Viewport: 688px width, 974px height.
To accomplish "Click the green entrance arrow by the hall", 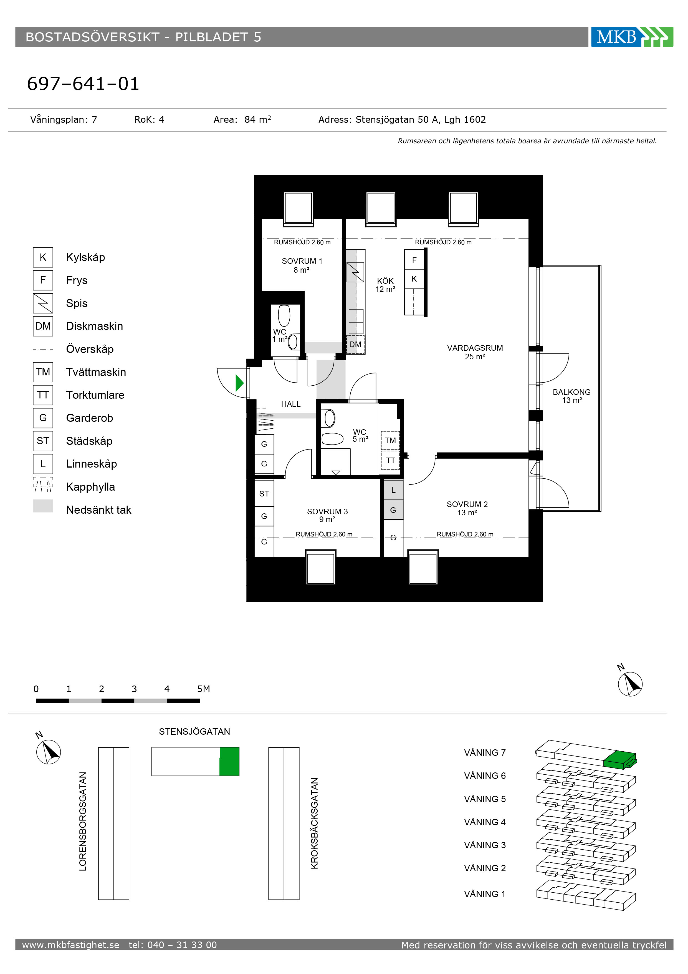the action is coord(239,383).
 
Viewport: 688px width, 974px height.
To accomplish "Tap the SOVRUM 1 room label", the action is coord(302,265).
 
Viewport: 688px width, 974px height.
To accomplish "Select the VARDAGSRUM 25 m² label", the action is coord(475,352).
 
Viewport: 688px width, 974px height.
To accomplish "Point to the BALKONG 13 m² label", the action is coord(571,396).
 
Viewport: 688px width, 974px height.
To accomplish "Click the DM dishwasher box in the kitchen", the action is coord(355,345).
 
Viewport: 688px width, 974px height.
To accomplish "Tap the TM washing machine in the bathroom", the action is coord(390,440).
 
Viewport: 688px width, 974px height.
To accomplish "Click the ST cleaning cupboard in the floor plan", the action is coord(264,493).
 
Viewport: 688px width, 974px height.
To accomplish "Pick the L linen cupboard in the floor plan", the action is coord(393,490).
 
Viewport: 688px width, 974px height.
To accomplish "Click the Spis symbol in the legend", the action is coord(43,303).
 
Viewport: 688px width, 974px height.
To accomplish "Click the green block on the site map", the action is coord(229,762).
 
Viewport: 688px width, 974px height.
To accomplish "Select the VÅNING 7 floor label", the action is coord(485,752).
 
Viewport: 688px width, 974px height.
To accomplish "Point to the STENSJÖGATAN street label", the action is coord(194,731).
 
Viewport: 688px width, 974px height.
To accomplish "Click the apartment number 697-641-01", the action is coord(83,84).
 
